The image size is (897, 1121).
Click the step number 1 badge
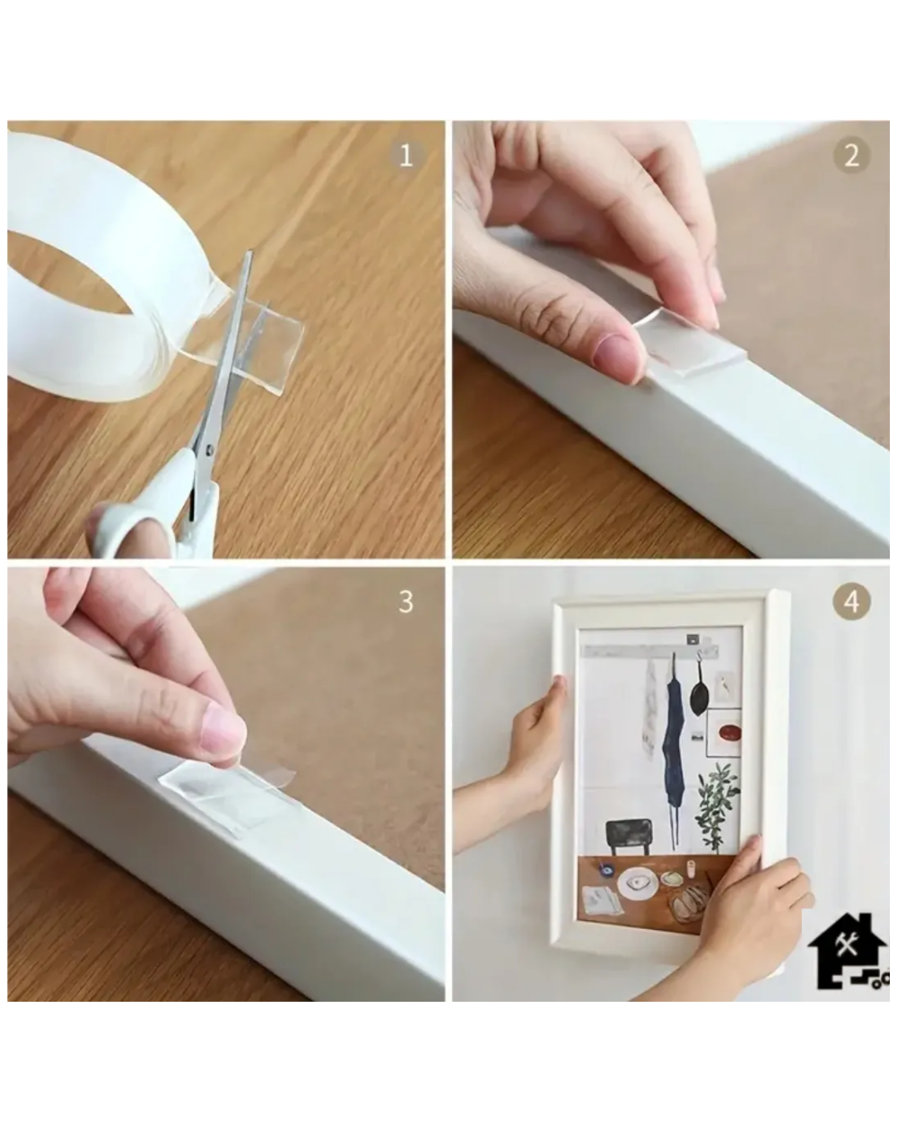click(x=406, y=155)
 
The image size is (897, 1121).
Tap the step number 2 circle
click(x=851, y=155)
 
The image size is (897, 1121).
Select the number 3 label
click(x=406, y=602)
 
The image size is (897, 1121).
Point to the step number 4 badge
click(x=851, y=602)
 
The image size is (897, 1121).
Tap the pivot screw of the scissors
click(x=209, y=449)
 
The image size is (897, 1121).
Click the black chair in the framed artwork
click(x=629, y=837)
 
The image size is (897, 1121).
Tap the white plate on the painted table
click(x=638, y=883)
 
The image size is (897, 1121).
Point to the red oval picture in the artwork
click(x=729, y=733)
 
